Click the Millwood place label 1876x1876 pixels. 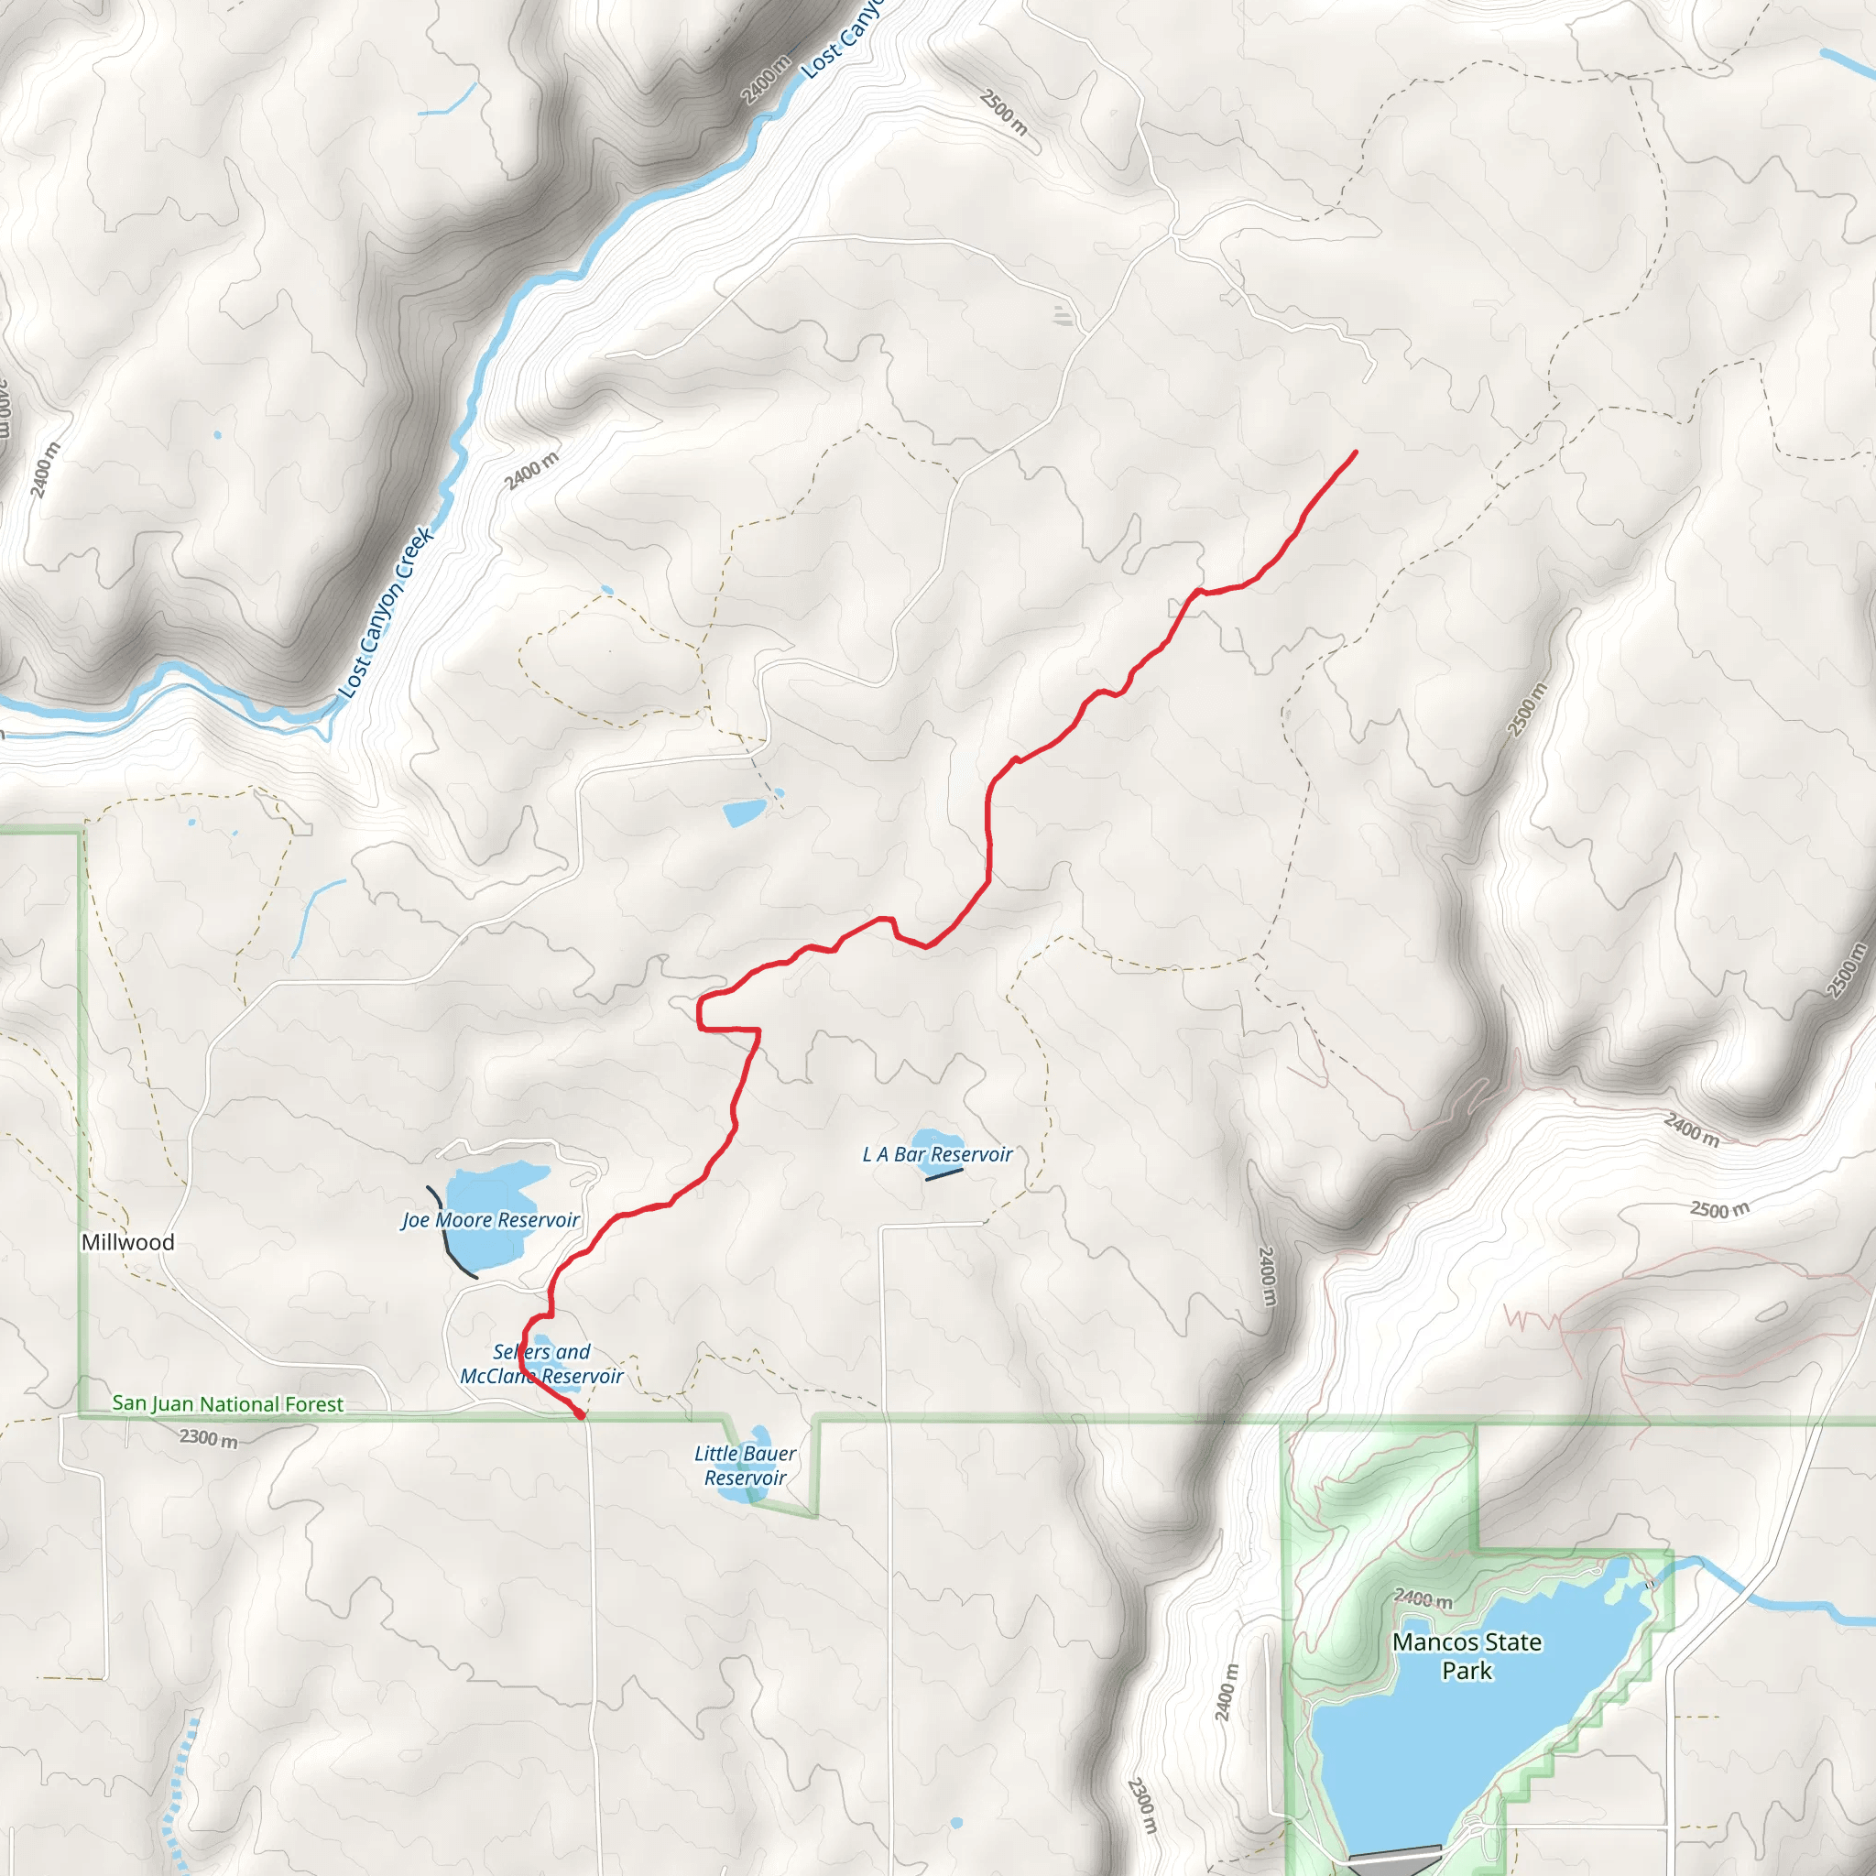pyautogui.click(x=128, y=1242)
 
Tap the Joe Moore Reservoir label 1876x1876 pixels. pyautogui.click(x=490, y=1219)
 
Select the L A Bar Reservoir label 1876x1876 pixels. pyautogui.click(x=937, y=1154)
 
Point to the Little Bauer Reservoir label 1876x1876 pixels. pyautogui.click(x=745, y=1466)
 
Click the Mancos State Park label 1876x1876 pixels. pyautogui.click(x=1467, y=1655)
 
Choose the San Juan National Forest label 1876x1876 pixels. pyautogui.click(x=228, y=1404)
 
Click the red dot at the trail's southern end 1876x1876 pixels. pyautogui.click(x=581, y=1414)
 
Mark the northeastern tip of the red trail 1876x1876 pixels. pyautogui.click(x=1356, y=452)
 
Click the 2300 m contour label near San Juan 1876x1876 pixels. pyautogui.click(x=208, y=1438)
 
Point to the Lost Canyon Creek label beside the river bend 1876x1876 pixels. pyautogui.click(x=386, y=612)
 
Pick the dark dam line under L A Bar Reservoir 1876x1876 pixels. pyautogui.click(x=943, y=1174)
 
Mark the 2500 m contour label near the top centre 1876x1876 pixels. pyautogui.click(x=1003, y=112)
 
